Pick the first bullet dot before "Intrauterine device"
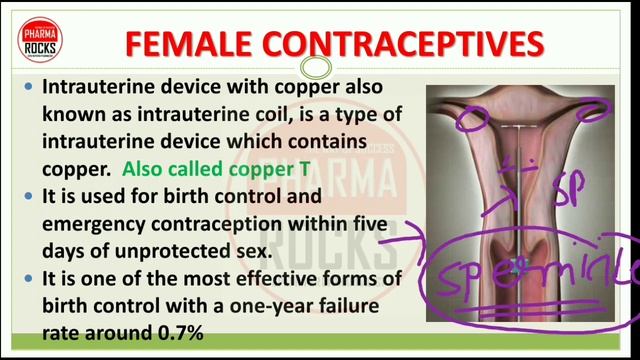tap(29, 89)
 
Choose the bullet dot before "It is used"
tap(29, 198)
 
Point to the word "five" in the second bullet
tap(368, 224)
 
